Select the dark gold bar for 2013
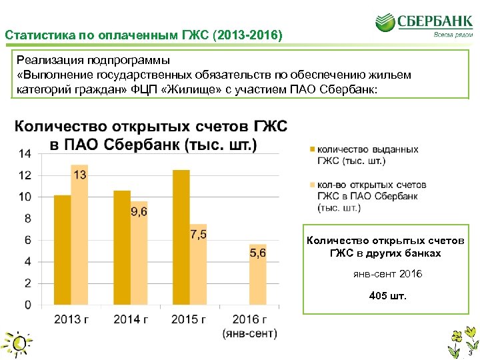pyautogui.click(x=62, y=250)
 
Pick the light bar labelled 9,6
pyautogui.click(x=139, y=253)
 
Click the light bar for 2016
pyautogui.click(x=257, y=275)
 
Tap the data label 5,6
pyautogui.click(x=257, y=253)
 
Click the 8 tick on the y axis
pyautogui.click(x=27, y=219)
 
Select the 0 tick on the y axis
pyautogui.click(x=27, y=305)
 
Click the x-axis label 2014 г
pyautogui.click(x=131, y=319)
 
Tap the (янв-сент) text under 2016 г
pyautogui.click(x=250, y=333)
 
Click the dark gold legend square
pyautogui.click(x=312, y=150)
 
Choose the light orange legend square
pyautogui.click(x=312, y=185)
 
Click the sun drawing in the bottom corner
pyautogui.click(x=18, y=342)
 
